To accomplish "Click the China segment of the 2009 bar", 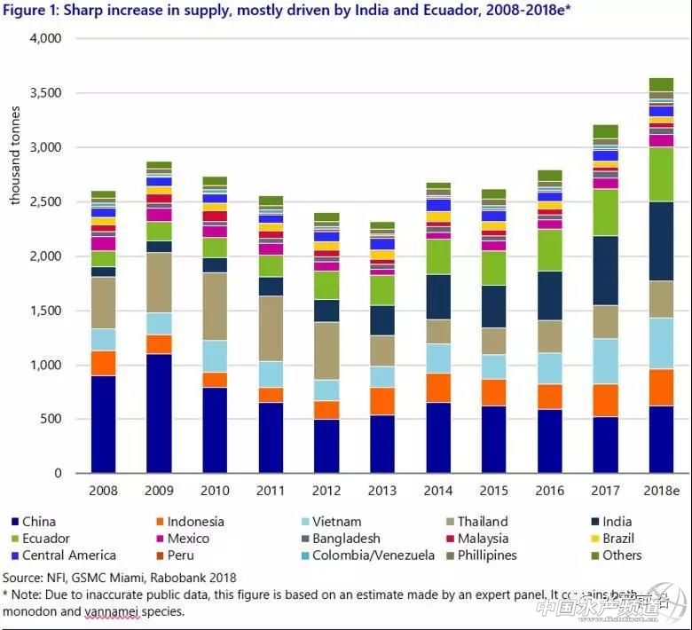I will point(159,413).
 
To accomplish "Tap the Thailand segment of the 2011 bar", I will point(271,328).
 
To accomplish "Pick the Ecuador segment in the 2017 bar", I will point(605,212).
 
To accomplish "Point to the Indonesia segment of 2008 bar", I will point(103,363).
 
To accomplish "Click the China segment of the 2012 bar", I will point(326,445).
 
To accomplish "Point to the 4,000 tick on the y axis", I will point(44,39).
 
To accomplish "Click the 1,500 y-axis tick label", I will point(44,311).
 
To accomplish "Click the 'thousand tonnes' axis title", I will point(15,155).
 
